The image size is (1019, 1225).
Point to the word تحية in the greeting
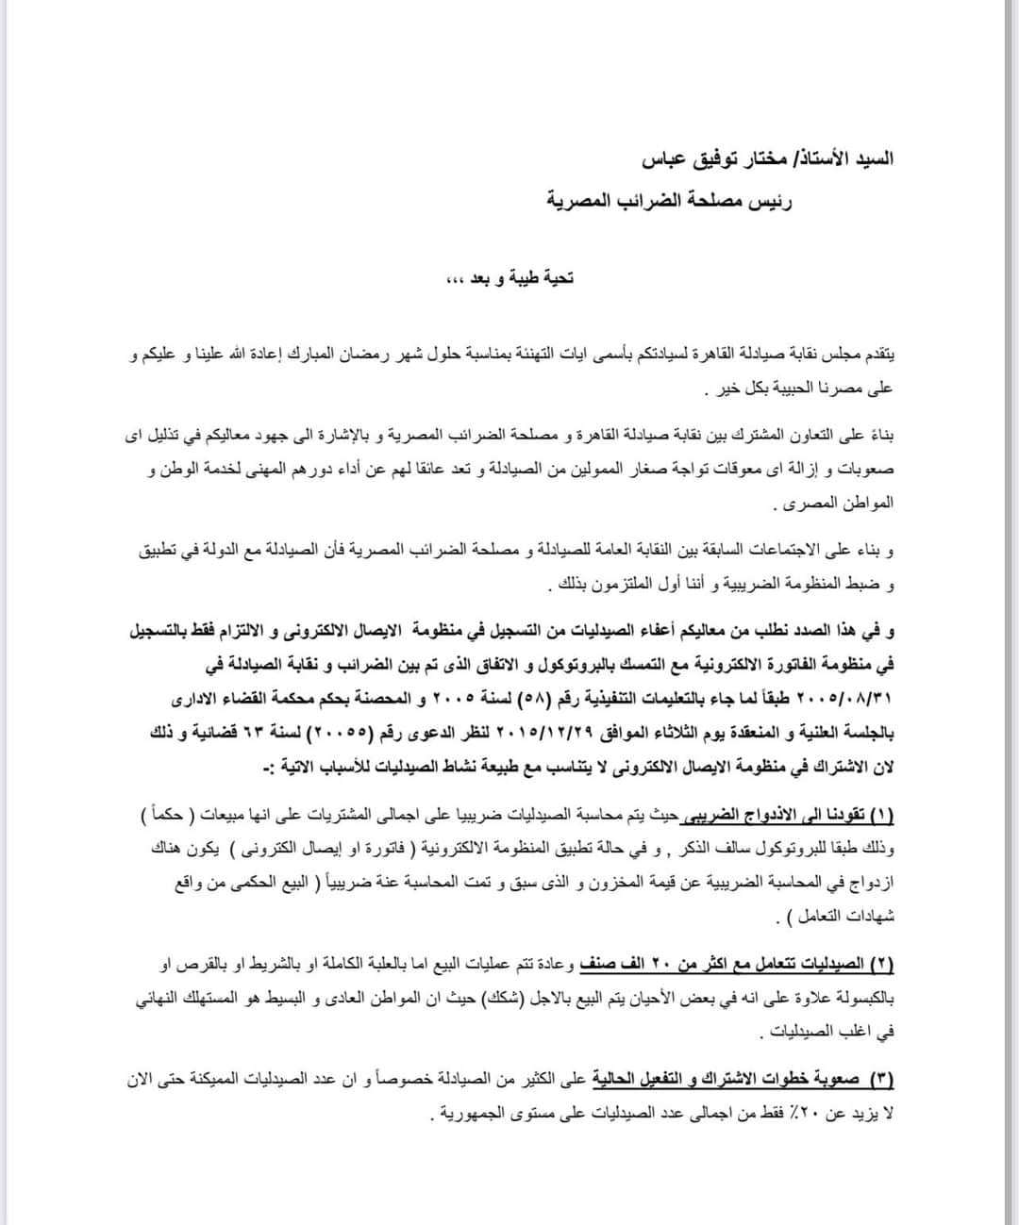(x=554, y=278)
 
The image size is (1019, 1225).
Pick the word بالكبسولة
(x=857, y=998)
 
